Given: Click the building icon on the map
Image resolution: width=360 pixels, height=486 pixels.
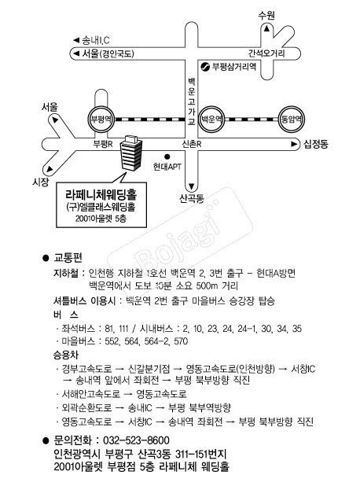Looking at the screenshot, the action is click(131, 153).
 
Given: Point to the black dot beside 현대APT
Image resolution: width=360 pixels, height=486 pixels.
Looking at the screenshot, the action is click(167, 156).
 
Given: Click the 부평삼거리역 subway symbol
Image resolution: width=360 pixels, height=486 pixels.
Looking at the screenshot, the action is click(205, 67).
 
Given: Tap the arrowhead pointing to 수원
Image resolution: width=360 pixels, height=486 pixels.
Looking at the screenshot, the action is click(266, 28).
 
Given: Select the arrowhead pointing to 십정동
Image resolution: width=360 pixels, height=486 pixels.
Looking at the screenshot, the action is click(294, 144).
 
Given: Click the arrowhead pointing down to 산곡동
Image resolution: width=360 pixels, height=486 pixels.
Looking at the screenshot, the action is click(192, 186).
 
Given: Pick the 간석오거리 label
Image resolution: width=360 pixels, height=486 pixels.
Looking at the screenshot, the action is click(266, 53).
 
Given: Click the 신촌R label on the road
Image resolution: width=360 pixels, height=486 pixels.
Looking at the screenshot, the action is click(192, 144).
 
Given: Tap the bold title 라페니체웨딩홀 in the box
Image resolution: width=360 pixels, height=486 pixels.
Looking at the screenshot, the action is click(101, 194).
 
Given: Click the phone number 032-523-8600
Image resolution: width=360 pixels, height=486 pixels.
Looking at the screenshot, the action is click(136, 440).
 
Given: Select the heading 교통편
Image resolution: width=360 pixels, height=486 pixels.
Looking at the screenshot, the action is click(68, 258).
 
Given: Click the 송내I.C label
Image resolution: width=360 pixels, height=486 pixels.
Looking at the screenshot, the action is click(96, 40).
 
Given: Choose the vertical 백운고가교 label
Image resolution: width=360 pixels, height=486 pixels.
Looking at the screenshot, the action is click(192, 101).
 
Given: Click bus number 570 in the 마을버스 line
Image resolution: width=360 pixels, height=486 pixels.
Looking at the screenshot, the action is click(181, 341).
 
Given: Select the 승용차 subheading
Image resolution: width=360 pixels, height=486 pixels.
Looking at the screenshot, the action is click(66, 355).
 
